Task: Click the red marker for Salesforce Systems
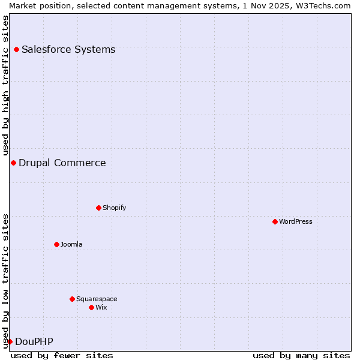(x=16, y=49)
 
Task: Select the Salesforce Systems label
(x=68, y=49)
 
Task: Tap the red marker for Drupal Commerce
(x=13, y=163)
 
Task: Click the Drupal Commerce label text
(x=62, y=163)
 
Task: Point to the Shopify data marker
(x=98, y=208)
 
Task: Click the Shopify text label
(x=114, y=208)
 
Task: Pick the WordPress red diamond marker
(x=275, y=221)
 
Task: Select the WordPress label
(x=296, y=221)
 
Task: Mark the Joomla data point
(x=56, y=244)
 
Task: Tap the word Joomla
(x=71, y=244)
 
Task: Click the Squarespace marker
(x=72, y=299)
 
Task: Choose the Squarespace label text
(x=97, y=299)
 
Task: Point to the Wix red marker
(x=91, y=307)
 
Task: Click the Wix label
(x=101, y=307)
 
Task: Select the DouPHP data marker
(x=10, y=341)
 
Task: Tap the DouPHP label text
(x=34, y=341)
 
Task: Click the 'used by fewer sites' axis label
(x=62, y=355)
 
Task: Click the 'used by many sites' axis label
(x=301, y=355)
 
